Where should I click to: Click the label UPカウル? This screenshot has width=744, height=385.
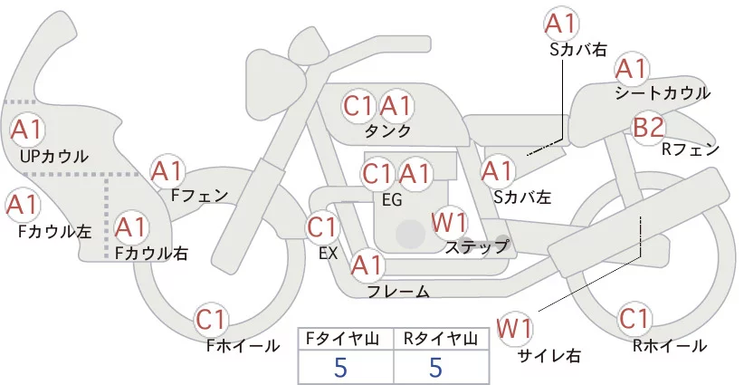pyautogui.click(x=53, y=157)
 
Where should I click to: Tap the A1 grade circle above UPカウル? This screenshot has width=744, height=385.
pyautogui.click(x=27, y=130)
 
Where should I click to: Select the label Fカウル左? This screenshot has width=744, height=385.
pyautogui.click(x=55, y=231)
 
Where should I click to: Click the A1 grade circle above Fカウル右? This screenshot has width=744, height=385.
pyautogui.click(x=132, y=226)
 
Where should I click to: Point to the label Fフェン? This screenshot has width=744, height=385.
pyautogui.click(x=199, y=195)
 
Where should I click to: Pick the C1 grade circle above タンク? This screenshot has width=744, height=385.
pyautogui.click(x=359, y=106)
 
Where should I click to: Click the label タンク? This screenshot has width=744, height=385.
pyautogui.click(x=387, y=131)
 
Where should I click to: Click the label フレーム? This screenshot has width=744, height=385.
pyautogui.click(x=397, y=291)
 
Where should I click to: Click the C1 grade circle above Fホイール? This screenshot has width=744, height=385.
pyautogui.click(x=215, y=319)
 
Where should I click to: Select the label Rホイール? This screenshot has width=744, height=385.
pyautogui.click(x=671, y=345)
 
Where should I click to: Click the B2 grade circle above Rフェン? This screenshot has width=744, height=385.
pyautogui.click(x=649, y=128)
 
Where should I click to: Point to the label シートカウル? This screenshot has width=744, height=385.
pyautogui.click(x=662, y=93)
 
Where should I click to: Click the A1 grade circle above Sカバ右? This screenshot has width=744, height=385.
pyautogui.click(x=561, y=23)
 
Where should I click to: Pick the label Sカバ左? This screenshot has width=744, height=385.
pyautogui.click(x=523, y=195)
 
